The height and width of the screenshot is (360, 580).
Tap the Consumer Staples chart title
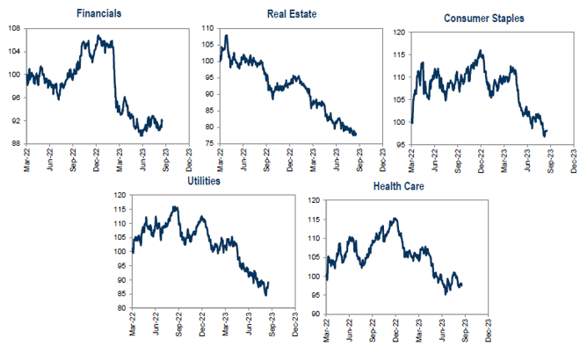point(485,18)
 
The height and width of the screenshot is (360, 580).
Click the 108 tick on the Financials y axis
point(15,28)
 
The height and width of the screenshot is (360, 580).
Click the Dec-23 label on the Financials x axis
point(187,161)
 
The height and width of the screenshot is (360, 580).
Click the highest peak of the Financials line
point(98,36)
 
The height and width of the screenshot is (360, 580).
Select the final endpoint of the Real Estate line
point(356,134)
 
